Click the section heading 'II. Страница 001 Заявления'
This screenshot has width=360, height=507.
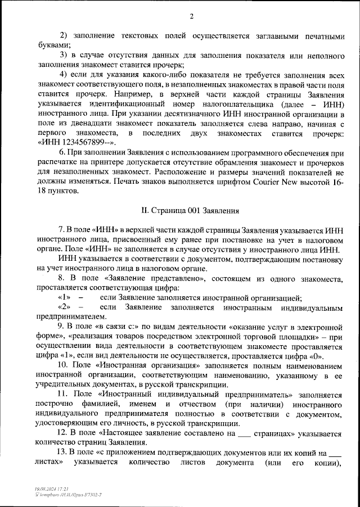191,211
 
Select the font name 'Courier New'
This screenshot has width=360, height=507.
273,182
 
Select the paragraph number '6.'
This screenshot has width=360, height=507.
62,152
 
